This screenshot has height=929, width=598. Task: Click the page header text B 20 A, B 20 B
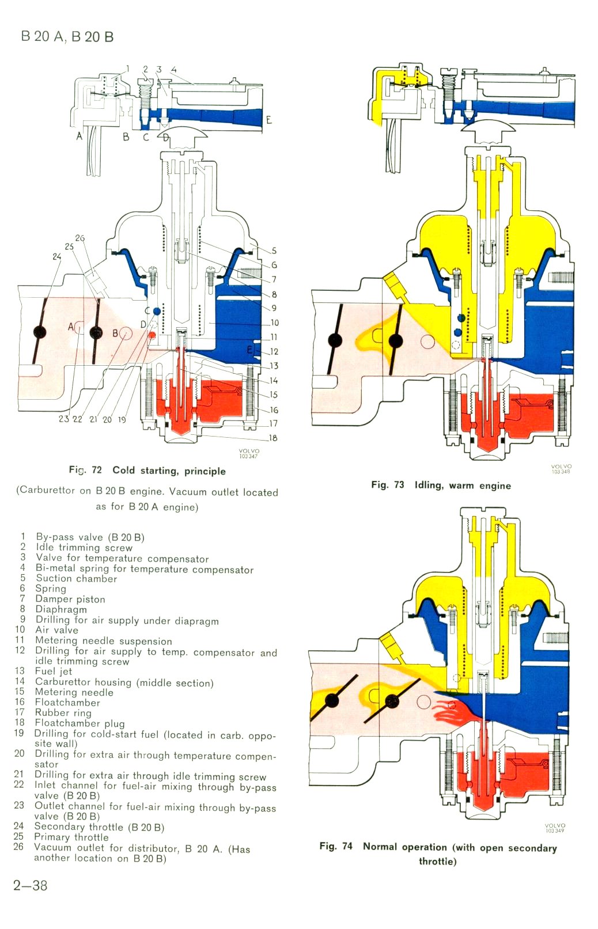pos(67,37)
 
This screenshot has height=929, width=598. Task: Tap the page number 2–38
pos(31,885)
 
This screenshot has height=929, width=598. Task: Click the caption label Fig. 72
pos(85,470)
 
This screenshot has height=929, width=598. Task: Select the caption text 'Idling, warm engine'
pos(463,485)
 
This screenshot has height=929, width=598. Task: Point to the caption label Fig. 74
pos(336,846)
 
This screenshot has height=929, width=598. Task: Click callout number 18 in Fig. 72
pos(272,438)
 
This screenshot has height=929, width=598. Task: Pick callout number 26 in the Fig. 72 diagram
pos(80,237)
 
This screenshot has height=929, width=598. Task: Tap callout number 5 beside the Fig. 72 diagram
pos(274,251)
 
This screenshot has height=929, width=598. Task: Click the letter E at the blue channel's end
pos(268,120)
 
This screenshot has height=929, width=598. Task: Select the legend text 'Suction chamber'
pos(76,578)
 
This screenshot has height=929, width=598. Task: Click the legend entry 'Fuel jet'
pos(54,671)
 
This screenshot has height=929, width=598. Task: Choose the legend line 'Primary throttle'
pos(71,837)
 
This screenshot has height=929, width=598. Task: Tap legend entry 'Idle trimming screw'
pos(84,547)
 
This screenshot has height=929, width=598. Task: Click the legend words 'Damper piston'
pos(70,599)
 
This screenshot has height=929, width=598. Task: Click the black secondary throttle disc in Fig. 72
pos(40,332)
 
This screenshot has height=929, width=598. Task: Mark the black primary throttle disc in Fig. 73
pos(396,341)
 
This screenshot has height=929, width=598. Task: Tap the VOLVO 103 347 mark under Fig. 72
pos(249,454)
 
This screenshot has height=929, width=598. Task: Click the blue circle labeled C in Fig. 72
pos(157,311)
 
